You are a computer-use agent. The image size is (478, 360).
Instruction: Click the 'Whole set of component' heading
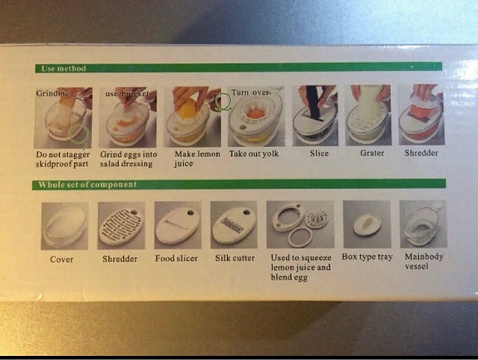click(x=87, y=185)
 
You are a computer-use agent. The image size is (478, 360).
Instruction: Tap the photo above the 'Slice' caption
click(x=318, y=116)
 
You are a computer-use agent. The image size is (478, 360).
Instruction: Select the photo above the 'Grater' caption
click(x=370, y=116)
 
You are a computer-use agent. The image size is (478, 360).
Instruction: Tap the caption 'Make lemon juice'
click(x=196, y=159)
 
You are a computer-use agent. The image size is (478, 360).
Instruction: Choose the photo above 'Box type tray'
click(x=367, y=224)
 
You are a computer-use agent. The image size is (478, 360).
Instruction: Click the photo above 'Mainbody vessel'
click(x=423, y=224)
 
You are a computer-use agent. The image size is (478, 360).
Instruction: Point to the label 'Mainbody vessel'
click(x=423, y=262)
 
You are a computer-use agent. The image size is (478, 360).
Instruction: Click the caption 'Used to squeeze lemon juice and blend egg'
click(x=300, y=268)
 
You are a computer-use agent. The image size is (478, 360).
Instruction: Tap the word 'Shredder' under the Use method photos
click(x=422, y=154)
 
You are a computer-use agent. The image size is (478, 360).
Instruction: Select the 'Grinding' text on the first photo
click(x=52, y=93)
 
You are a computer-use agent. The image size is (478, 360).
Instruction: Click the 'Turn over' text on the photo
click(x=251, y=92)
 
